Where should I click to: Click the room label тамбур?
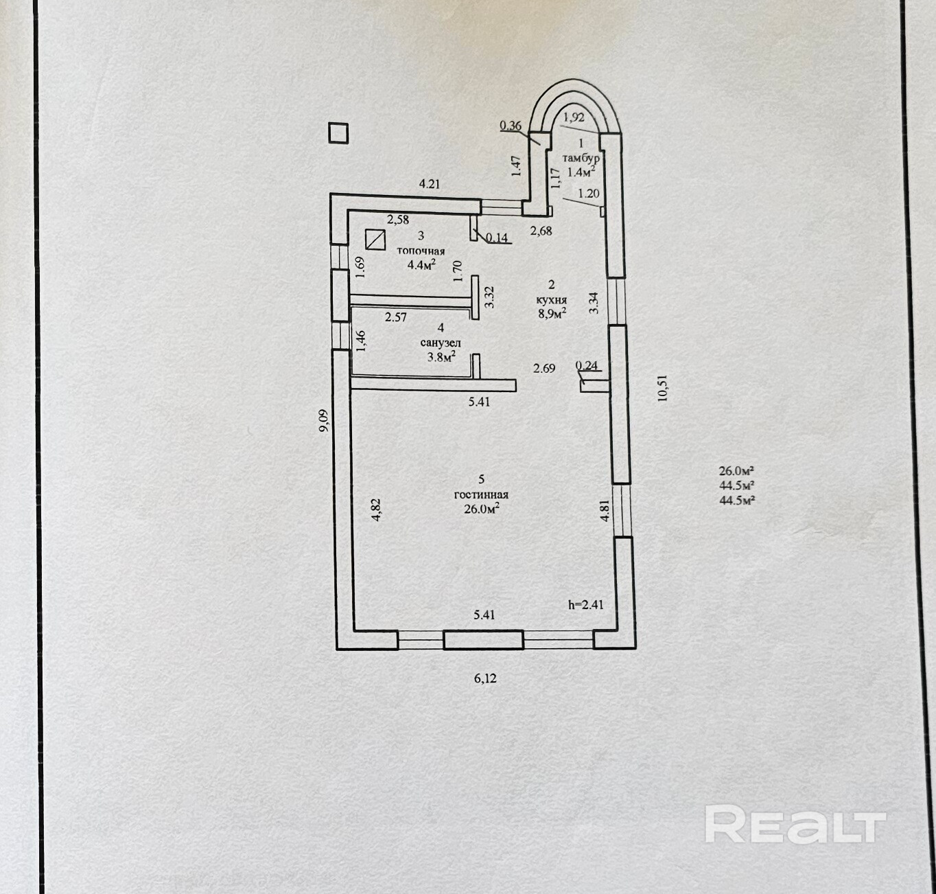[581, 158]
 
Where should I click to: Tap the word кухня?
[552, 299]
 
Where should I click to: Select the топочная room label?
[421, 251]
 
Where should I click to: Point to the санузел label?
[440, 343]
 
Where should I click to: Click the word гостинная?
[481, 494]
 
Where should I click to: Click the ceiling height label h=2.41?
[585, 605]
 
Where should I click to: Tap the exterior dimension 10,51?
[662, 387]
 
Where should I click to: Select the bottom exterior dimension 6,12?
[485, 678]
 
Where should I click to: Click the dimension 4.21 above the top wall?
[430, 183]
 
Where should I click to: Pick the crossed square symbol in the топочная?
[375, 240]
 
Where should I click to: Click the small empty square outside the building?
[338, 133]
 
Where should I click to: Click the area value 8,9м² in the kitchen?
[552, 314]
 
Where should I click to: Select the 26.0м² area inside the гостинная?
[481, 509]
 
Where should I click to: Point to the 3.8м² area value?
[441, 356]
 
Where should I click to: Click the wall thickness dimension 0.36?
[511, 125]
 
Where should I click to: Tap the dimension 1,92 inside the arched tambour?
[574, 117]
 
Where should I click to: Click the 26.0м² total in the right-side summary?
[736, 471]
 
